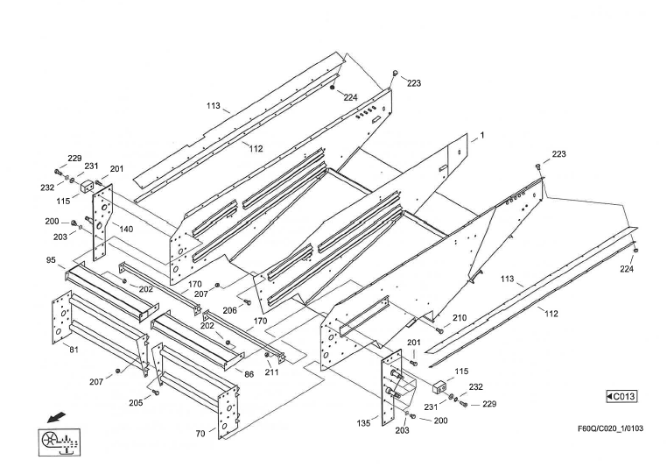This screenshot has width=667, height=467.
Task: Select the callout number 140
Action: [x=126, y=229]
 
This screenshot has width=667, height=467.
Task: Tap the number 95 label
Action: [x=51, y=260]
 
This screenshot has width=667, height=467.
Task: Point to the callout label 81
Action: [x=74, y=350]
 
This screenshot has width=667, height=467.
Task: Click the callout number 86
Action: [x=249, y=375]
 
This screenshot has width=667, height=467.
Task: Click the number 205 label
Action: [x=135, y=404]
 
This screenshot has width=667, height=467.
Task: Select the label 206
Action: [x=229, y=310]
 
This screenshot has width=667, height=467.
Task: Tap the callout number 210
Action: [x=459, y=318]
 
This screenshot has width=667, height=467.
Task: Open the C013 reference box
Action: [x=621, y=397]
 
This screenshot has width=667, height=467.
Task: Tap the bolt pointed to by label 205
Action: [x=156, y=393]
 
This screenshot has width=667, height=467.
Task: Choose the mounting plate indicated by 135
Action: [x=391, y=386]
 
